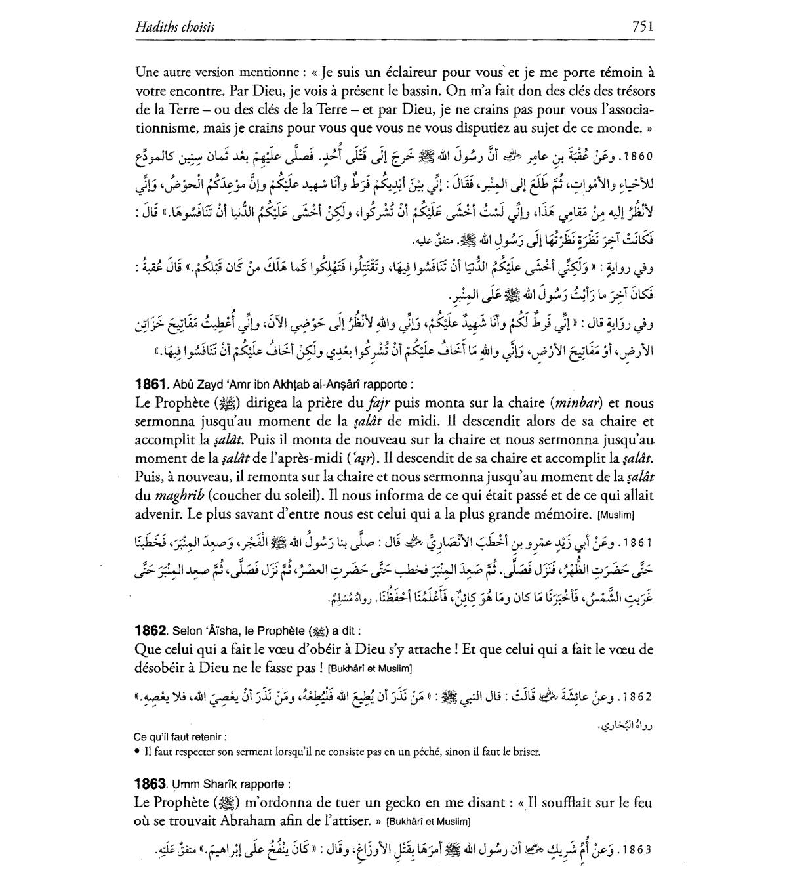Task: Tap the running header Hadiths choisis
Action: point(174,28)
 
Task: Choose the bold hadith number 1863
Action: point(150,784)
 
